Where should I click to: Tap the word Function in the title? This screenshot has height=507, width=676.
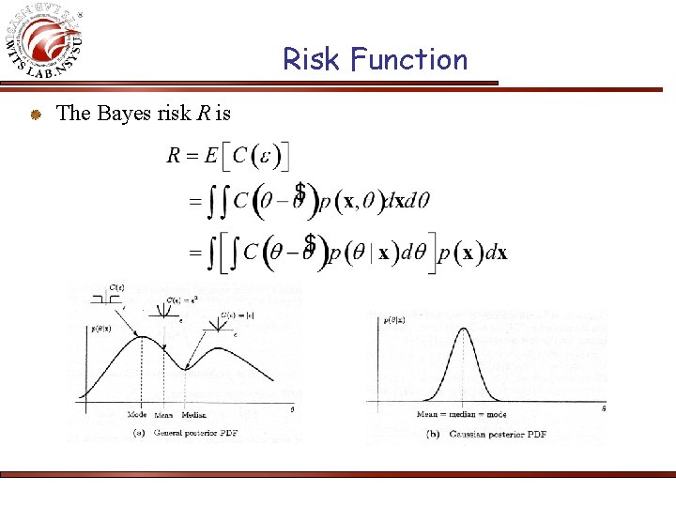[x=408, y=60]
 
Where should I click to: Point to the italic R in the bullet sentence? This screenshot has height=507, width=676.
[x=203, y=114]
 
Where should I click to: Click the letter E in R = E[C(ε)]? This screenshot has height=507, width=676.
[x=212, y=156]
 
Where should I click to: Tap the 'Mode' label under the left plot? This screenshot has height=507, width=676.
[x=138, y=414]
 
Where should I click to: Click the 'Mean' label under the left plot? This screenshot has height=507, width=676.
[x=163, y=414]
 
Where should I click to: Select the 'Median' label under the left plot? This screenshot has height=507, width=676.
[x=194, y=414]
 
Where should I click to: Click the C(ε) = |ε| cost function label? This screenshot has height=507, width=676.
[x=234, y=315]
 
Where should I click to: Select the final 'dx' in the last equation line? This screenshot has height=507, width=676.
[x=495, y=253]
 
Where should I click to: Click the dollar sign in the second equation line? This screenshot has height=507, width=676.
[x=300, y=192]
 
